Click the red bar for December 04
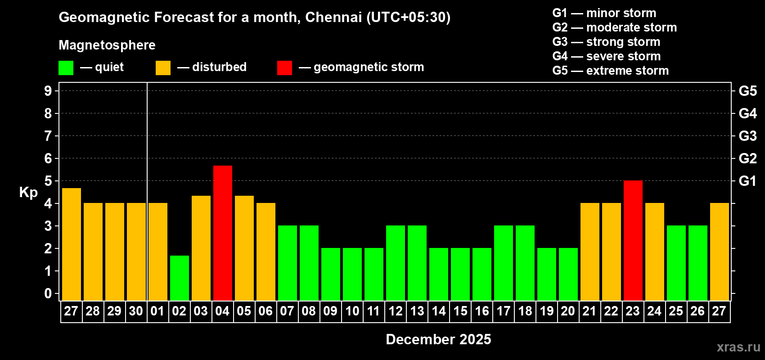coord(222,233)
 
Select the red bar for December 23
coord(633,240)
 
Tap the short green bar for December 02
coord(179,278)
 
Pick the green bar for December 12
coord(395,263)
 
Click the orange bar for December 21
coord(589,252)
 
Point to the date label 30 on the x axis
coord(136,311)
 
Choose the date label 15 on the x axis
coord(460,311)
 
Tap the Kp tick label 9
coord(48,91)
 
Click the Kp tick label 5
coord(48,181)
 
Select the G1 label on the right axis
coord(747,181)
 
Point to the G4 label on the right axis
coord(747,113)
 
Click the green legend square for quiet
coord(66,68)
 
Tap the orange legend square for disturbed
coord(163,68)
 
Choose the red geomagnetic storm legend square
coord(284,68)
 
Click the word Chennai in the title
coord(333,17)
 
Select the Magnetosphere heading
coord(107,45)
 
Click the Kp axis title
coord(28,192)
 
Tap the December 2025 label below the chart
coord(438,339)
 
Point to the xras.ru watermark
coord(738,347)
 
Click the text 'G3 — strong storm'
coord(606,42)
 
